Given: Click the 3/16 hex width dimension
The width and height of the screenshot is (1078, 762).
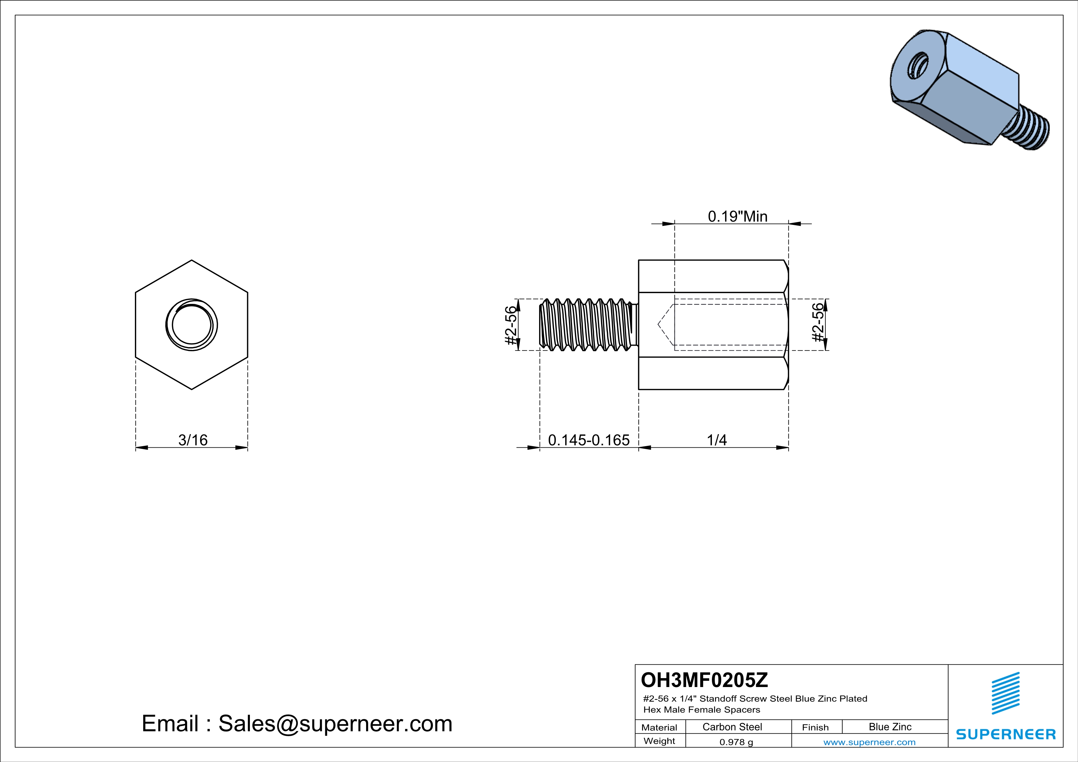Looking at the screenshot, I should (192, 440).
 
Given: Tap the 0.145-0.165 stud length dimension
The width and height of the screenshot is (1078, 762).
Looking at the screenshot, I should (588, 440).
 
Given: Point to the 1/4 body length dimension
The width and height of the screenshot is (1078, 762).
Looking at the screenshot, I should (717, 440).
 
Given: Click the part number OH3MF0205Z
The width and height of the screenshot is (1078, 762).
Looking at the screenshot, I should (704, 680).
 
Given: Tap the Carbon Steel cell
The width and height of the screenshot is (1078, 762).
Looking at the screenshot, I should (732, 727).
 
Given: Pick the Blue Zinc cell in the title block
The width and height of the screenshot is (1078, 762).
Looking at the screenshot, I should (890, 727).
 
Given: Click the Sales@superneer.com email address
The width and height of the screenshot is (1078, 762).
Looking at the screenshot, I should (335, 724).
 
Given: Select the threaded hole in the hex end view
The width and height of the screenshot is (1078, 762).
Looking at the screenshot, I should (192, 325).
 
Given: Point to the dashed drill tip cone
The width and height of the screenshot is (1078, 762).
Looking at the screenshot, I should (666, 325).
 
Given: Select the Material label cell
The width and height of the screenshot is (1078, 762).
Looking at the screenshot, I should (659, 727).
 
